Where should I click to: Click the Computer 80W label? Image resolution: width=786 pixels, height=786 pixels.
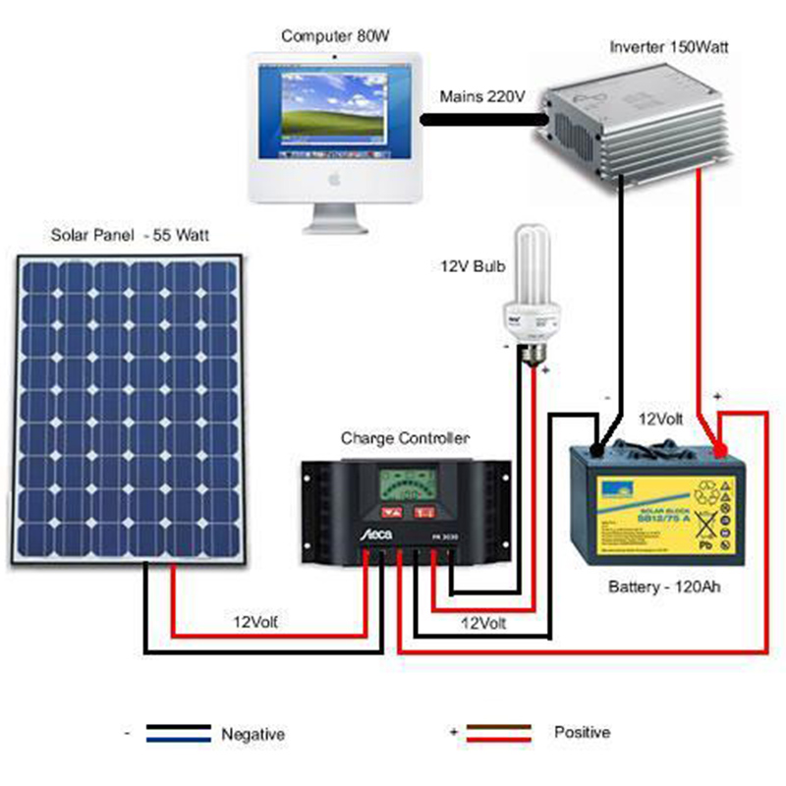click(336, 35)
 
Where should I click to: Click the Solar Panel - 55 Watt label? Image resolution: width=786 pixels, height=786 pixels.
click(130, 236)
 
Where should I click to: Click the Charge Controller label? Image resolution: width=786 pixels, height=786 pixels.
click(405, 437)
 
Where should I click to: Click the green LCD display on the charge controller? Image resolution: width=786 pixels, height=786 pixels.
click(405, 485)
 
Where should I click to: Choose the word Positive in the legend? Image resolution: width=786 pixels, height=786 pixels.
click(582, 733)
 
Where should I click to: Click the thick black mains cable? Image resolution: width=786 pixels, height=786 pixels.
click(481, 120)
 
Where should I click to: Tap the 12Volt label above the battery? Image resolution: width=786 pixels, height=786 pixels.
click(661, 419)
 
